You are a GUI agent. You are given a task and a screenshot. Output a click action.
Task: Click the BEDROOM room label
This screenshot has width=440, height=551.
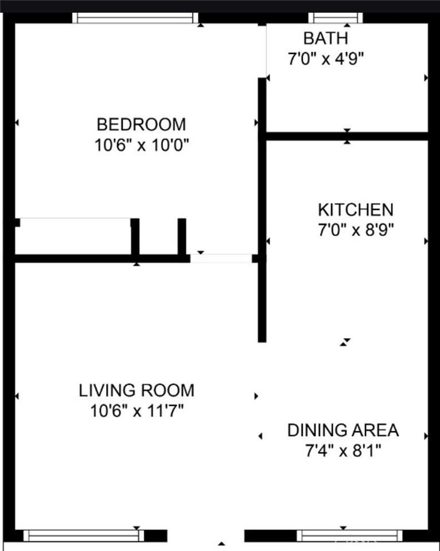coord(141,124)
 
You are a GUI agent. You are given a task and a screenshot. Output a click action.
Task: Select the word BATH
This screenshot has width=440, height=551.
coord(325,38)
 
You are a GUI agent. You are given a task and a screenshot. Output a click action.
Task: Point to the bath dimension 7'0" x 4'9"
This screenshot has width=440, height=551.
coord(326,58)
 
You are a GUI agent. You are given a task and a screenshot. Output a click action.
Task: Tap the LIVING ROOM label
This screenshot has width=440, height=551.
coord(137,390)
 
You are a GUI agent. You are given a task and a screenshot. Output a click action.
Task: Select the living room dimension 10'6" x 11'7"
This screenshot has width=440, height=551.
coord(136,411)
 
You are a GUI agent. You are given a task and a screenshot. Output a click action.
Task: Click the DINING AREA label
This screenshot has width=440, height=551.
coord(343,430)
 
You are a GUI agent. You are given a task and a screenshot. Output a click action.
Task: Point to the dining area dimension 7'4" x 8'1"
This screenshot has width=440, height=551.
coord(343,450)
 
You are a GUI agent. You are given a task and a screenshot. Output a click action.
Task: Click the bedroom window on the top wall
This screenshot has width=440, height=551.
coord(135,18)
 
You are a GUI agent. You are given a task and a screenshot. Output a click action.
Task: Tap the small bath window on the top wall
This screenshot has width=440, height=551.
coord(336,18)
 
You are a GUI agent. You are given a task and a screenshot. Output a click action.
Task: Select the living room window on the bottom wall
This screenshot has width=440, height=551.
coord(84,536)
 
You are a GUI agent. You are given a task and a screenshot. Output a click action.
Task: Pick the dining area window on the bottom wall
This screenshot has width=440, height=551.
coord(349,536)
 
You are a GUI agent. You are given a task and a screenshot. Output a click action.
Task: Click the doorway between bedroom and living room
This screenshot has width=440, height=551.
coord(221,258)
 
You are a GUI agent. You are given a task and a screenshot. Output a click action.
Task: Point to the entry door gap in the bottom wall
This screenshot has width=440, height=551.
coord(205,536)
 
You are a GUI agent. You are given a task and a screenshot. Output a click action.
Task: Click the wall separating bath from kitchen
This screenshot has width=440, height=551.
coord(347,136)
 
